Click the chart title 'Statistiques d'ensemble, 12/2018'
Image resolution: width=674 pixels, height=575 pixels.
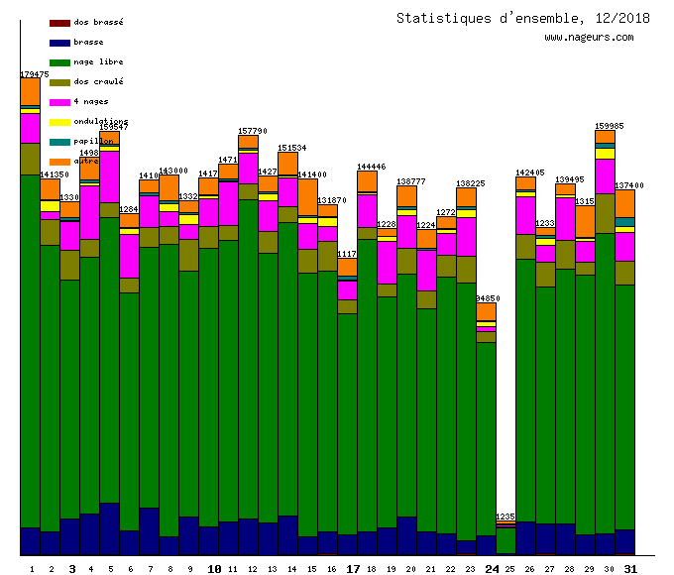click(509, 18)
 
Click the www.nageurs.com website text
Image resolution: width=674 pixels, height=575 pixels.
click(589, 38)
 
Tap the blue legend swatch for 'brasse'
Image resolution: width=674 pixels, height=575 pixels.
click(59, 43)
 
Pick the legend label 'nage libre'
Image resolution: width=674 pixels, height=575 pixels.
click(98, 61)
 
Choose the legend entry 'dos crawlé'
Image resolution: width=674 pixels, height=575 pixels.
click(98, 81)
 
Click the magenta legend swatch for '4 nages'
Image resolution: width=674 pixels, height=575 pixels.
click(59, 102)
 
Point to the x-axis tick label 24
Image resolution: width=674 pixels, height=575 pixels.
click(492, 569)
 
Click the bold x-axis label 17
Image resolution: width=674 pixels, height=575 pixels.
click(353, 569)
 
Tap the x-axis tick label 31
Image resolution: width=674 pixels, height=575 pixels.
click(630, 569)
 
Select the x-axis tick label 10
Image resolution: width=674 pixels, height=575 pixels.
click(214, 569)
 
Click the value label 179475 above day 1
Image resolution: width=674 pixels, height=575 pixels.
click(35, 74)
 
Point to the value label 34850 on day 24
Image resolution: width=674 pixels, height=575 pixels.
click(487, 298)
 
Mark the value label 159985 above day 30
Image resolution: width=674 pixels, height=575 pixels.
click(609, 126)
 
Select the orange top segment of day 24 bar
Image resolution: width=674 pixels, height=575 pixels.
click(486, 311)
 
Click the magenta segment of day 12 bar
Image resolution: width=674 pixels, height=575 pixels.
click(248, 168)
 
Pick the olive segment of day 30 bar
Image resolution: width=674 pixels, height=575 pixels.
click(605, 213)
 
